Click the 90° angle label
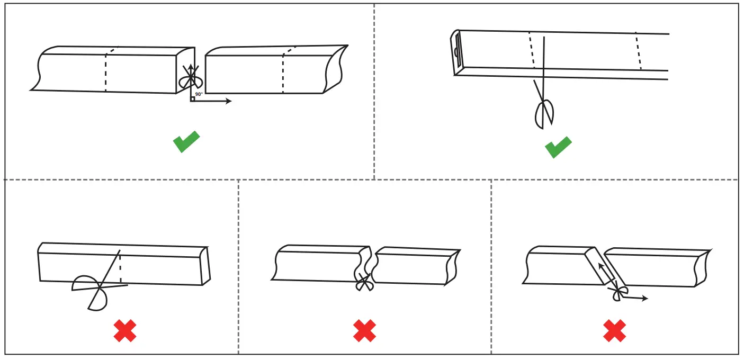click(x=199, y=94)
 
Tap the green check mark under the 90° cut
click(x=186, y=141)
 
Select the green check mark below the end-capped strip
click(x=558, y=147)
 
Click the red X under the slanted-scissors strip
click(x=125, y=331)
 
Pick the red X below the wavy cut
click(x=364, y=330)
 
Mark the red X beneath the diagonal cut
click(x=615, y=331)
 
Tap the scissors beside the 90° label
click(x=190, y=77)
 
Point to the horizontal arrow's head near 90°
click(x=229, y=101)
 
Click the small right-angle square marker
click(x=193, y=98)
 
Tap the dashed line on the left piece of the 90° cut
click(x=106, y=71)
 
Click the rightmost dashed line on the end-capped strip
click(x=639, y=51)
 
